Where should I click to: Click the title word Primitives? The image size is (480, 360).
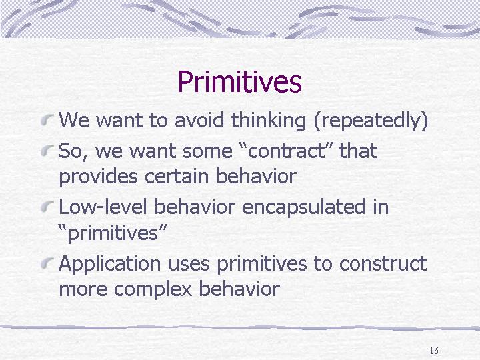pos(240,82)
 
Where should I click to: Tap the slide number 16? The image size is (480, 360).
pos(434,351)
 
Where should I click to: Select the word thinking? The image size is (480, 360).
pos(268,120)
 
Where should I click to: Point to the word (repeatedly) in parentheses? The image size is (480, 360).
pos(371,120)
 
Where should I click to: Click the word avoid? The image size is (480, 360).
pos(199,120)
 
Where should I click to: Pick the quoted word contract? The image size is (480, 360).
pos(285,151)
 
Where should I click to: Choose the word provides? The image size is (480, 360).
pos(98,177)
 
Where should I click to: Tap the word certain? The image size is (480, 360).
pos(177,176)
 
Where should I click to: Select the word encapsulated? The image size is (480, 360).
pos(303,207)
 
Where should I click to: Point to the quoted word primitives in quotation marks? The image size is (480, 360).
pos(113,233)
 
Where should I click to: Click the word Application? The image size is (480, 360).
pos(109,264)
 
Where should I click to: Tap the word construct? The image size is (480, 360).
pos(383,264)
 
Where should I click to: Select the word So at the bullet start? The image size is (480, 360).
pos(71,151)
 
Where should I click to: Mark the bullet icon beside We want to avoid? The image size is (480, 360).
pos(47,119)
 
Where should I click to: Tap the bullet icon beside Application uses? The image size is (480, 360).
pos(47,263)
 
